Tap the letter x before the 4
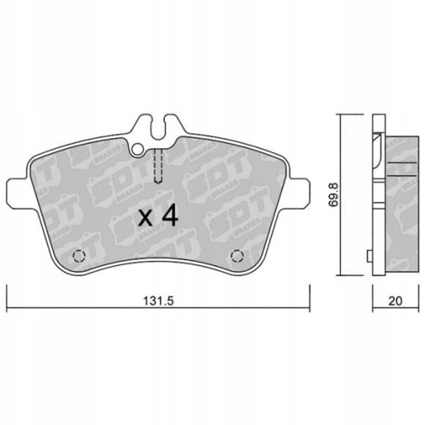tap(146, 218)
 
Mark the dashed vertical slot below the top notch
tap(157, 165)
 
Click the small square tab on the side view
tap(368, 254)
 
